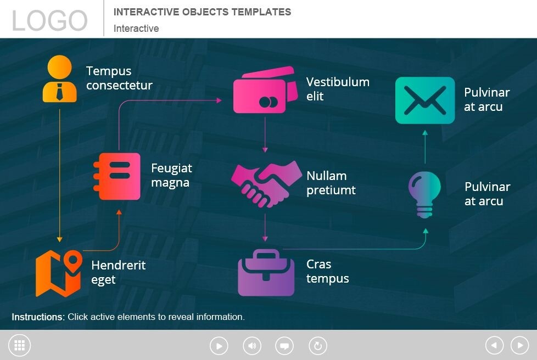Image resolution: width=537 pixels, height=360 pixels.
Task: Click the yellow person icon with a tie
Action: tap(59, 80)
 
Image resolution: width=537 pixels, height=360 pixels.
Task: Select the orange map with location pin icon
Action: tap(59, 273)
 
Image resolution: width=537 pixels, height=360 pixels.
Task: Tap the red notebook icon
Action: tap(116, 176)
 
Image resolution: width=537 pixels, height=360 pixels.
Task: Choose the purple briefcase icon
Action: tap(266, 272)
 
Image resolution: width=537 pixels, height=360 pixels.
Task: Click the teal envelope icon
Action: tap(425, 100)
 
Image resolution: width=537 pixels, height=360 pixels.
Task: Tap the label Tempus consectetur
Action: tap(119, 78)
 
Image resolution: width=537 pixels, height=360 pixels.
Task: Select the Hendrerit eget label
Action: tap(118, 272)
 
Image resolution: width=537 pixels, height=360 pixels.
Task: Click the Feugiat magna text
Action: tap(171, 175)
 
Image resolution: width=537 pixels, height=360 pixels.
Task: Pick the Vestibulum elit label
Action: tap(337, 89)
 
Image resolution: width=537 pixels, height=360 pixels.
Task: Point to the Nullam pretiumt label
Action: tap(331, 183)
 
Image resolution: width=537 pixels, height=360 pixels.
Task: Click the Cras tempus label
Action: tap(327, 271)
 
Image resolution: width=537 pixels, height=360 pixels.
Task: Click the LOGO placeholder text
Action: tap(49, 21)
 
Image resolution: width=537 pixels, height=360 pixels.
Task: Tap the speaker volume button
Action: tap(252, 346)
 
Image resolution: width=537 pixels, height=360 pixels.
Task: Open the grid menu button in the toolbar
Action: tap(20, 345)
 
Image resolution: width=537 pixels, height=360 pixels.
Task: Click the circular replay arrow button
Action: tap(317, 346)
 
